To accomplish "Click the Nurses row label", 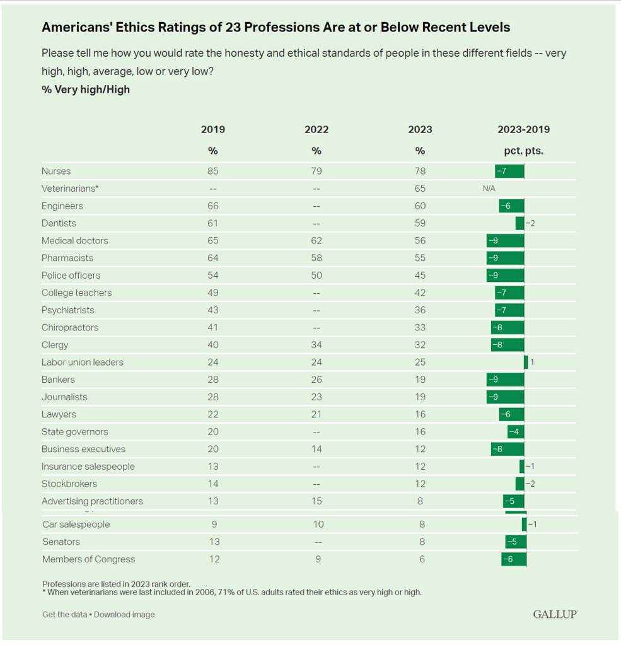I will tap(56, 171).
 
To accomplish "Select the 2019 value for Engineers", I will tap(212, 206).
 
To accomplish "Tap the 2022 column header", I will tap(316, 130).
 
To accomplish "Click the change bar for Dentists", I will tap(519, 223).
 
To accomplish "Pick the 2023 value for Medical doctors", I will tap(420, 241).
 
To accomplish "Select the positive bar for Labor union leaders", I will tap(526, 363).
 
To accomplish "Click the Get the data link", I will tap(65, 615).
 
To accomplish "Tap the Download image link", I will tap(124, 615).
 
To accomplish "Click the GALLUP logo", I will tap(555, 614).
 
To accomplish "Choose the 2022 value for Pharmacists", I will tap(316, 258).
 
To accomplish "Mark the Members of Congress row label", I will tap(88, 559).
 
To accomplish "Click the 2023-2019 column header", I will tap(523, 130).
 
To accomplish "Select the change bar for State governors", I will tap(516, 432).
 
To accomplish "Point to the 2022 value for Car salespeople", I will tap(318, 525).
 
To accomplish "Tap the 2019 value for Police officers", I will tap(212, 276).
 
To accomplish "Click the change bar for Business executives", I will tap(508, 449).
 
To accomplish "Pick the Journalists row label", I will tap(64, 397).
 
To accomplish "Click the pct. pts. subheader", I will tap(523, 151).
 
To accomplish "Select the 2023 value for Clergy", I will tap(420, 345).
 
